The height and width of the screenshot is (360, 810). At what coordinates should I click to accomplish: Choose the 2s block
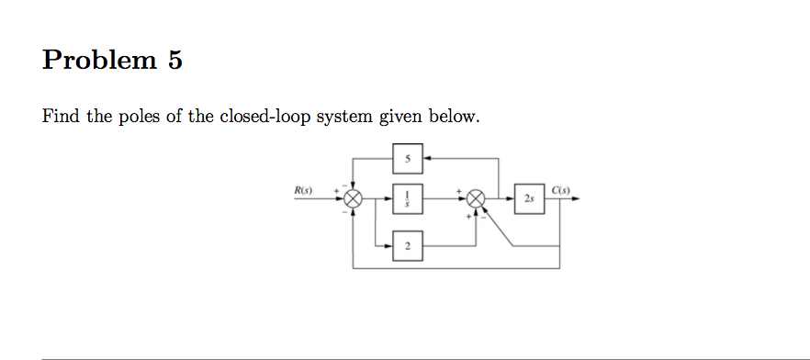click(530, 198)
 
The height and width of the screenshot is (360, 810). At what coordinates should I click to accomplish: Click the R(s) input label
click(303, 190)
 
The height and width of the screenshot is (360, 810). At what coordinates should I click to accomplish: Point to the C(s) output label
click(562, 190)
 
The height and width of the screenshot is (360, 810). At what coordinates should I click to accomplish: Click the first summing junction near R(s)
click(353, 198)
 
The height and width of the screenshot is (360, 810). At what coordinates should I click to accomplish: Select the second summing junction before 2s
click(476, 198)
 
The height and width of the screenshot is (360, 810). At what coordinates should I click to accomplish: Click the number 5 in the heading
click(174, 61)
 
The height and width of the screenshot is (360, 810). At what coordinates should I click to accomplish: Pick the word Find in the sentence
click(61, 118)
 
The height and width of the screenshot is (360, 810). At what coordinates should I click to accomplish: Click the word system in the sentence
click(347, 118)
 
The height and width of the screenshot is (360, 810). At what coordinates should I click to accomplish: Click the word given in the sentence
click(404, 118)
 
